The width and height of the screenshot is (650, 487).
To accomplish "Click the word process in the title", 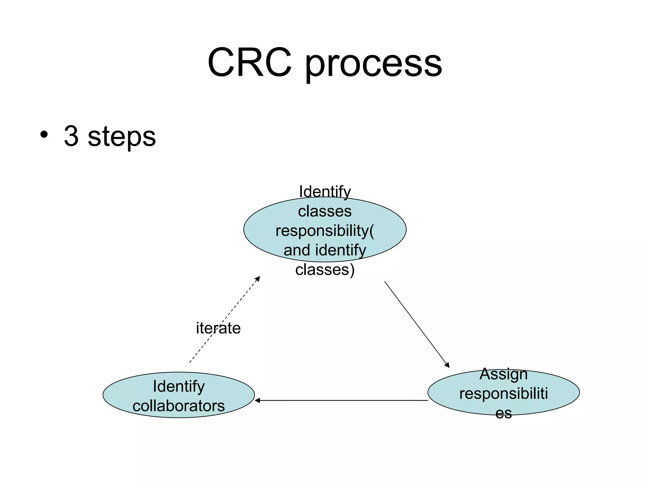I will point(373,63).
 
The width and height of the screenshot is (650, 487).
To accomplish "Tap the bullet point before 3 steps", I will point(44,135).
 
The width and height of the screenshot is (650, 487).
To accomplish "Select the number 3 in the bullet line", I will point(71,136).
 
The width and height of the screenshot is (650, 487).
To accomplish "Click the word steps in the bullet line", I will point(122,137).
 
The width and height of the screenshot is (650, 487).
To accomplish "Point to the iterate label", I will point(218,328).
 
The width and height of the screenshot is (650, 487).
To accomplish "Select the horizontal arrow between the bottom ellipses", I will point(341,400).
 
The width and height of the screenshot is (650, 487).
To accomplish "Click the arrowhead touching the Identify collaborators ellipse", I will point(257,400).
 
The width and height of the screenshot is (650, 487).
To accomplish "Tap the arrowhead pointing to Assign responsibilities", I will point(447,365).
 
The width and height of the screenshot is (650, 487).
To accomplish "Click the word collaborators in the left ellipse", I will point(178,406).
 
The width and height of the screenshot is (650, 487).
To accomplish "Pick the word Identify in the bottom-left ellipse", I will point(178,386).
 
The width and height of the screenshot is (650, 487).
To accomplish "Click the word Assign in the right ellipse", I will point(503,374).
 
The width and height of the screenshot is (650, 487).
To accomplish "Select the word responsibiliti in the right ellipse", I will point(503,393).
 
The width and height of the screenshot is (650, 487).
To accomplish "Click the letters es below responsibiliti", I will point(503,413).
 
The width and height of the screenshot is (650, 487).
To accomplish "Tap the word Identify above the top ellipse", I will point(325,192).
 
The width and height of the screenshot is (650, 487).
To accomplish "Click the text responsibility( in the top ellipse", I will point(325,231).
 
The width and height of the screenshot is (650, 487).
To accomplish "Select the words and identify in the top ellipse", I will point(325,250).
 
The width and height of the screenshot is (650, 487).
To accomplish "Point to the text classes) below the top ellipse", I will point(325,269).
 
